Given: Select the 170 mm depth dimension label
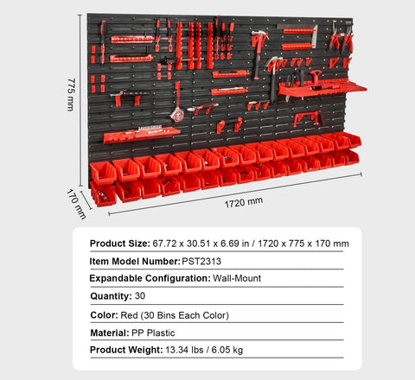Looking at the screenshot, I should (78, 202).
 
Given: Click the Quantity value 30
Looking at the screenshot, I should (141, 297).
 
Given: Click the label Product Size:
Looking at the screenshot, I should (119, 244).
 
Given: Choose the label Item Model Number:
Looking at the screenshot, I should (135, 261).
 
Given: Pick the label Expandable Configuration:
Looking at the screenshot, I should (150, 279).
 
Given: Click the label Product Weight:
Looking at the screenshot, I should (125, 351).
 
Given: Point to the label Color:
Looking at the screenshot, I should (104, 315).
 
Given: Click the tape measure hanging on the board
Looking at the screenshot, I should (177, 113).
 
